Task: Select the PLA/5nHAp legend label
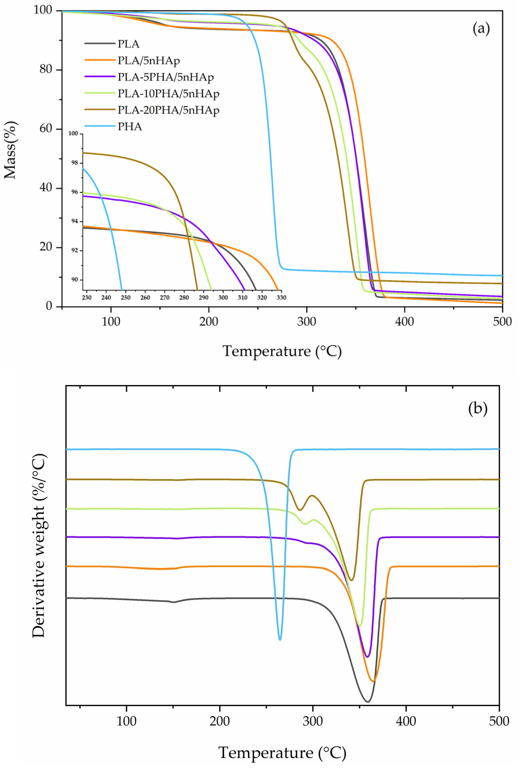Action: [148, 61]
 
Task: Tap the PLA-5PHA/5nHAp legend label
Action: [165, 77]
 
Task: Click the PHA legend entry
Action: [130, 127]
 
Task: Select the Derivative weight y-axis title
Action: [38, 545]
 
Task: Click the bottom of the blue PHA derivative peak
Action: [280, 639]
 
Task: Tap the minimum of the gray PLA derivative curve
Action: [367, 701]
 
